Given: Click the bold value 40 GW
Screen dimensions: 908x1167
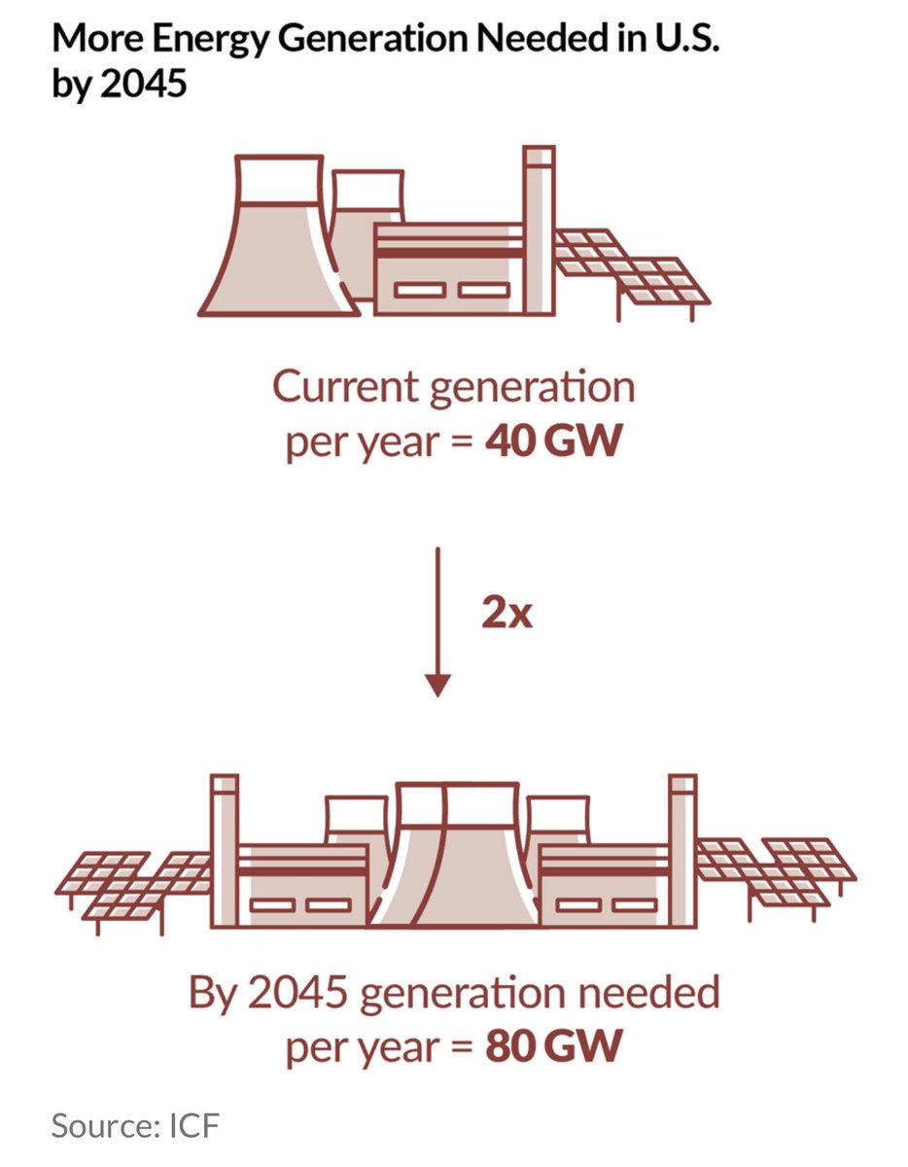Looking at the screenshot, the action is click(551, 442).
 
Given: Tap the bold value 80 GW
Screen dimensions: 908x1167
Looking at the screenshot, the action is click(551, 1049).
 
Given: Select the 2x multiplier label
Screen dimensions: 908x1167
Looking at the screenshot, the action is click(506, 616).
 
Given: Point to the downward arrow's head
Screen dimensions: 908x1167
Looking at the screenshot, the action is click(438, 685).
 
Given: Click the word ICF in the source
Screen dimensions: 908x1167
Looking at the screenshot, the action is click(192, 1128).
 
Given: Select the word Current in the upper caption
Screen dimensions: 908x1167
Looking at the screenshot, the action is click(340, 387).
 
